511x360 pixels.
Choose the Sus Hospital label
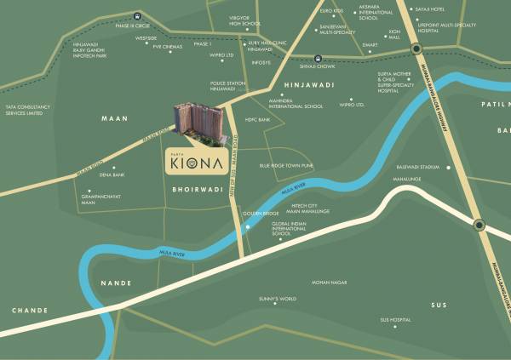(396, 320)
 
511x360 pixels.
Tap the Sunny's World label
(278, 299)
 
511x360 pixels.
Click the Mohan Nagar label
(329, 281)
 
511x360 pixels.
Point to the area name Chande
(29, 311)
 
